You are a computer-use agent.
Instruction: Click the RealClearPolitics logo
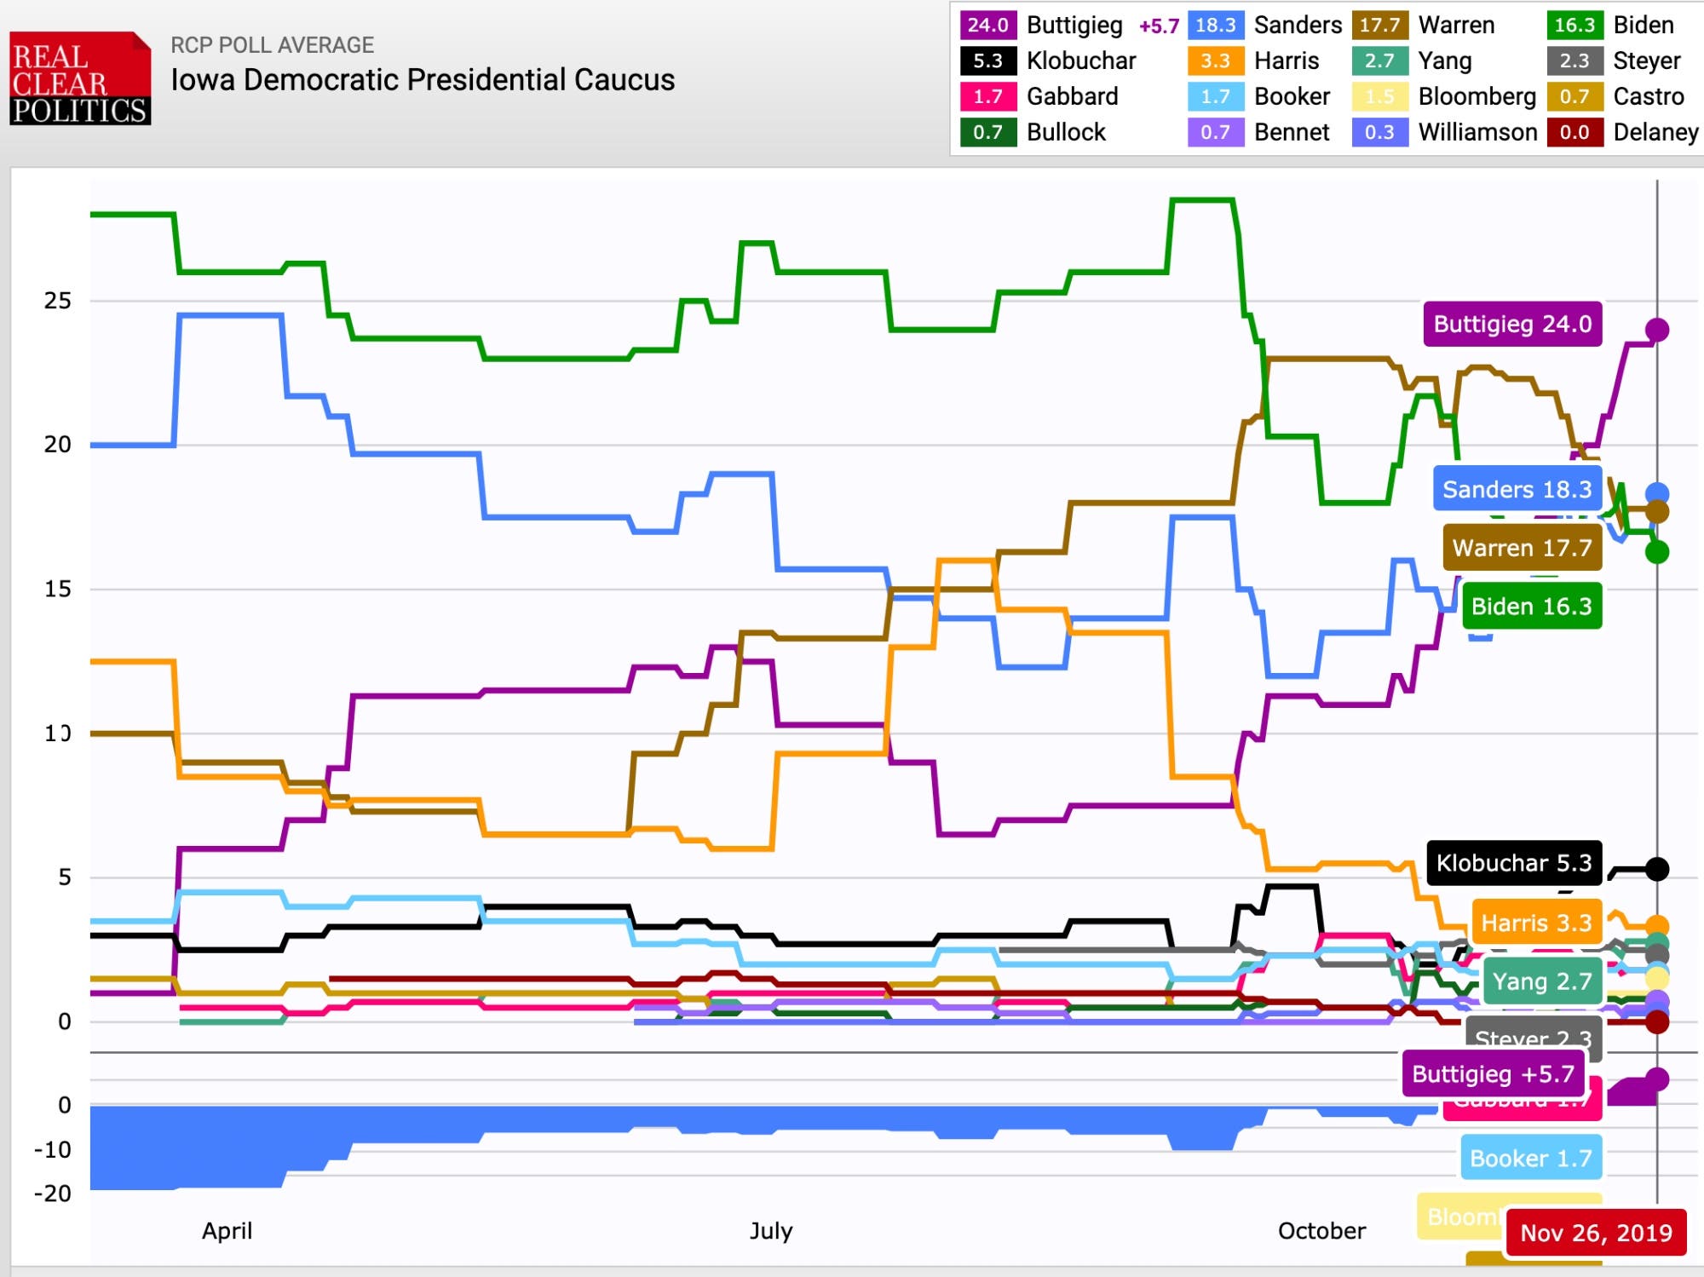click(80, 79)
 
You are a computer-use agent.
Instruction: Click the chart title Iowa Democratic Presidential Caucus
click(423, 80)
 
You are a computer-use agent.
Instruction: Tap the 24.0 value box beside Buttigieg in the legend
click(987, 25)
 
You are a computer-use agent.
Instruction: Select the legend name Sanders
click(1298, 25)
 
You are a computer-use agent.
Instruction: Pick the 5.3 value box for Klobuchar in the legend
click(987, 60)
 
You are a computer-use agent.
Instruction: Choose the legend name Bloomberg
click(1477, 96)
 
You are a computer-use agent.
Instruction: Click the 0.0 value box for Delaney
click(1574, 132)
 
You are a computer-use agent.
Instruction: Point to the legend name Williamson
click(1477, 132)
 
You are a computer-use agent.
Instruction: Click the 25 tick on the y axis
click(58, 301)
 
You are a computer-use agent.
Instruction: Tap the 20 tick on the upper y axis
click(58, 445)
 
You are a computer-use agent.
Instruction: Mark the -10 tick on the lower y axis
click(53, 1150)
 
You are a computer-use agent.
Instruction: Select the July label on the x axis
click(771, 1231)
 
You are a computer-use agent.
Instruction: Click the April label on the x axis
click(227, 1231)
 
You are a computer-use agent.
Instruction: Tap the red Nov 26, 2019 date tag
click(1596, 1233)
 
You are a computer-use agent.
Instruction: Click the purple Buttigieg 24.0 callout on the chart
click(1512, 325)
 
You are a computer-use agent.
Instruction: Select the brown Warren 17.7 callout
click(1522, 548)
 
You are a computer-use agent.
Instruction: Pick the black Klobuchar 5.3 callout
click(1514, 863)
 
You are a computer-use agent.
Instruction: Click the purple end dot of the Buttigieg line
click(1657, 330)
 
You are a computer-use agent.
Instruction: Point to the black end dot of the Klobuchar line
click(1657, 869)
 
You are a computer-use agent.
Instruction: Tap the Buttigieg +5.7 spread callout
click(1493, 1074)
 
